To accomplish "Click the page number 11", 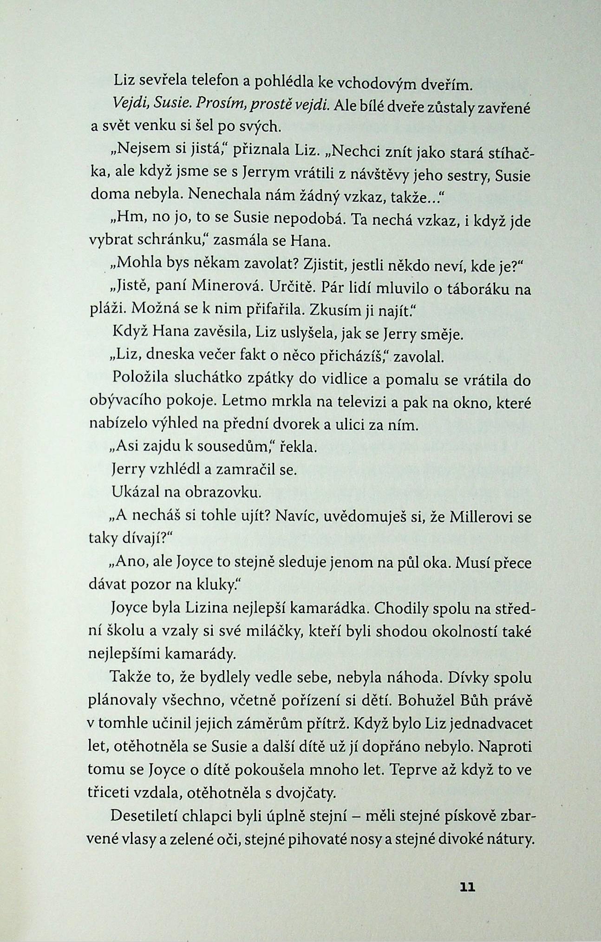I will click(467, 887).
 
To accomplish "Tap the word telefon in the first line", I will click(215, 82).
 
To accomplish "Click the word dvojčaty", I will click(307, 792).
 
